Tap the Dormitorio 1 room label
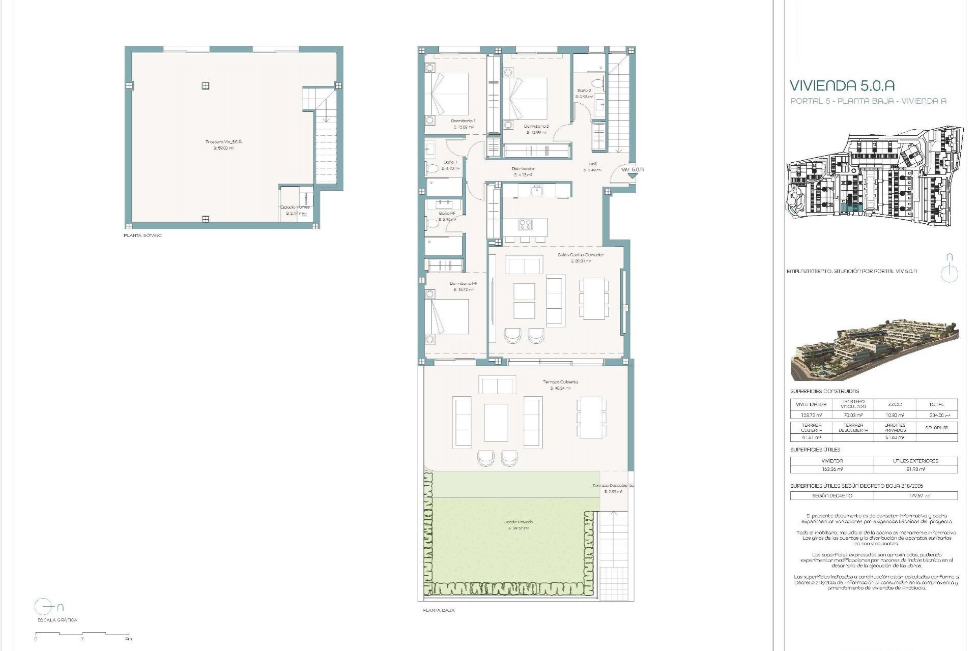point(463,121)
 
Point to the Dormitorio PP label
point(463,284)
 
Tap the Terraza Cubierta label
point(560,381)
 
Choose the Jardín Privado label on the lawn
point(519,522)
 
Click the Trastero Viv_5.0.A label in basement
point(223,142)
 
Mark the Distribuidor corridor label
point(523,169)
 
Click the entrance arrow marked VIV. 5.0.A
point(631,174)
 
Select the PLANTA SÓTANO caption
point(142,236)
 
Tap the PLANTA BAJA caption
point(439,610)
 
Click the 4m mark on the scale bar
point(129,639)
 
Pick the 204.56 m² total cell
point(936,415)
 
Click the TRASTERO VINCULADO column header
point(853,404)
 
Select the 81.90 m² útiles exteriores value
point(915,469)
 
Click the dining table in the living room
point(593,298)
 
